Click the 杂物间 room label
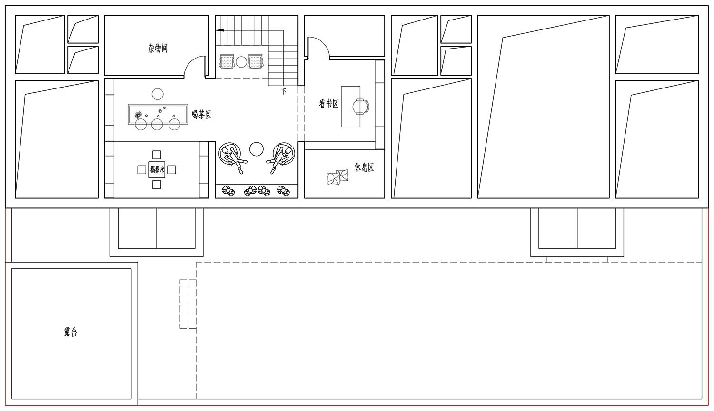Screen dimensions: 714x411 click(158, 49)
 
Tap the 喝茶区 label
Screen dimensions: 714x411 click(201, 115)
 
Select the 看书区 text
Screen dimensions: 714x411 click(328, 104)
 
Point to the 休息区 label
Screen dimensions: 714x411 click(364, 167)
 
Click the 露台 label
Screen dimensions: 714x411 click(70, 333)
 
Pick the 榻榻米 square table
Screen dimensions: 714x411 click(157, 170)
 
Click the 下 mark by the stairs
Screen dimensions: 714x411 click(284, 91)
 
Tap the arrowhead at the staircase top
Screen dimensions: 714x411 click(219, 30)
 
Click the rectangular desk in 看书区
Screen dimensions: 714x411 click(351, 107)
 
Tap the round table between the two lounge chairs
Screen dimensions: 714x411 click(256, 149)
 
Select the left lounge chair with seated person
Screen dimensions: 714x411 click(232, 156)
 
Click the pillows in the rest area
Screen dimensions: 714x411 click(338, 177)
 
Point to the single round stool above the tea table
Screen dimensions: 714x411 click(158, 94)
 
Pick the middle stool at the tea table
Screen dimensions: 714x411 click(157, 124)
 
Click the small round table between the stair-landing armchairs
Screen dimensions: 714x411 click(241, 62)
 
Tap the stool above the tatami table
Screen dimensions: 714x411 click(157, 155)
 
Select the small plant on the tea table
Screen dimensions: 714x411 click(138, 115)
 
